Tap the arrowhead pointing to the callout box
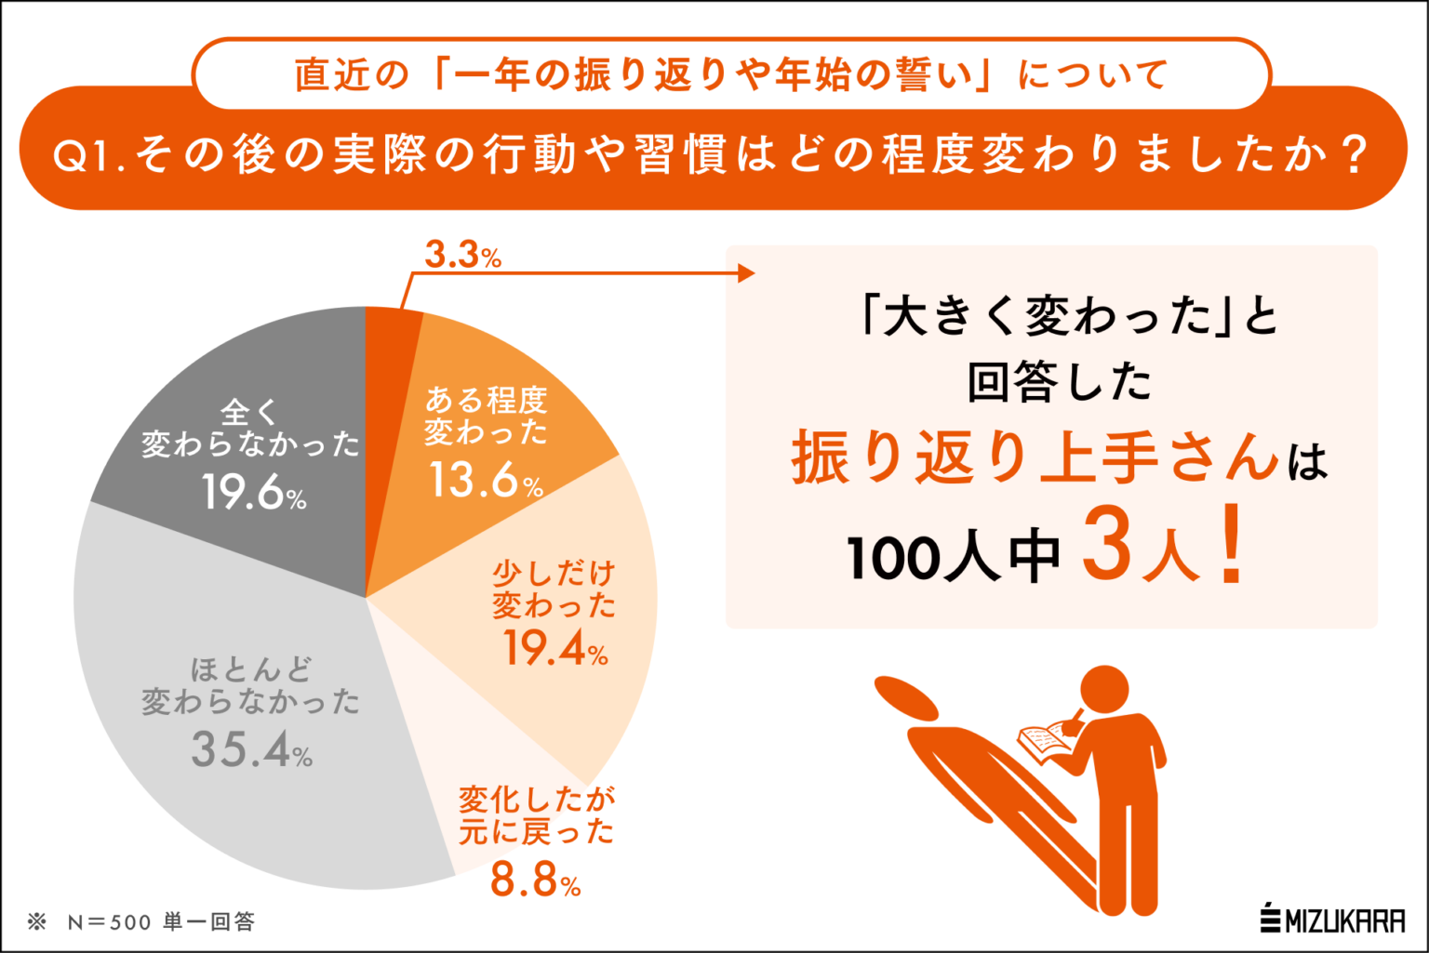tap(745, 273)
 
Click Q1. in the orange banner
tap(90, 156)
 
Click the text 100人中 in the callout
tap(954, 557)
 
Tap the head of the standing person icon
tap(1105, 692)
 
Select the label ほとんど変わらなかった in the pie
tap(250, 685)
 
